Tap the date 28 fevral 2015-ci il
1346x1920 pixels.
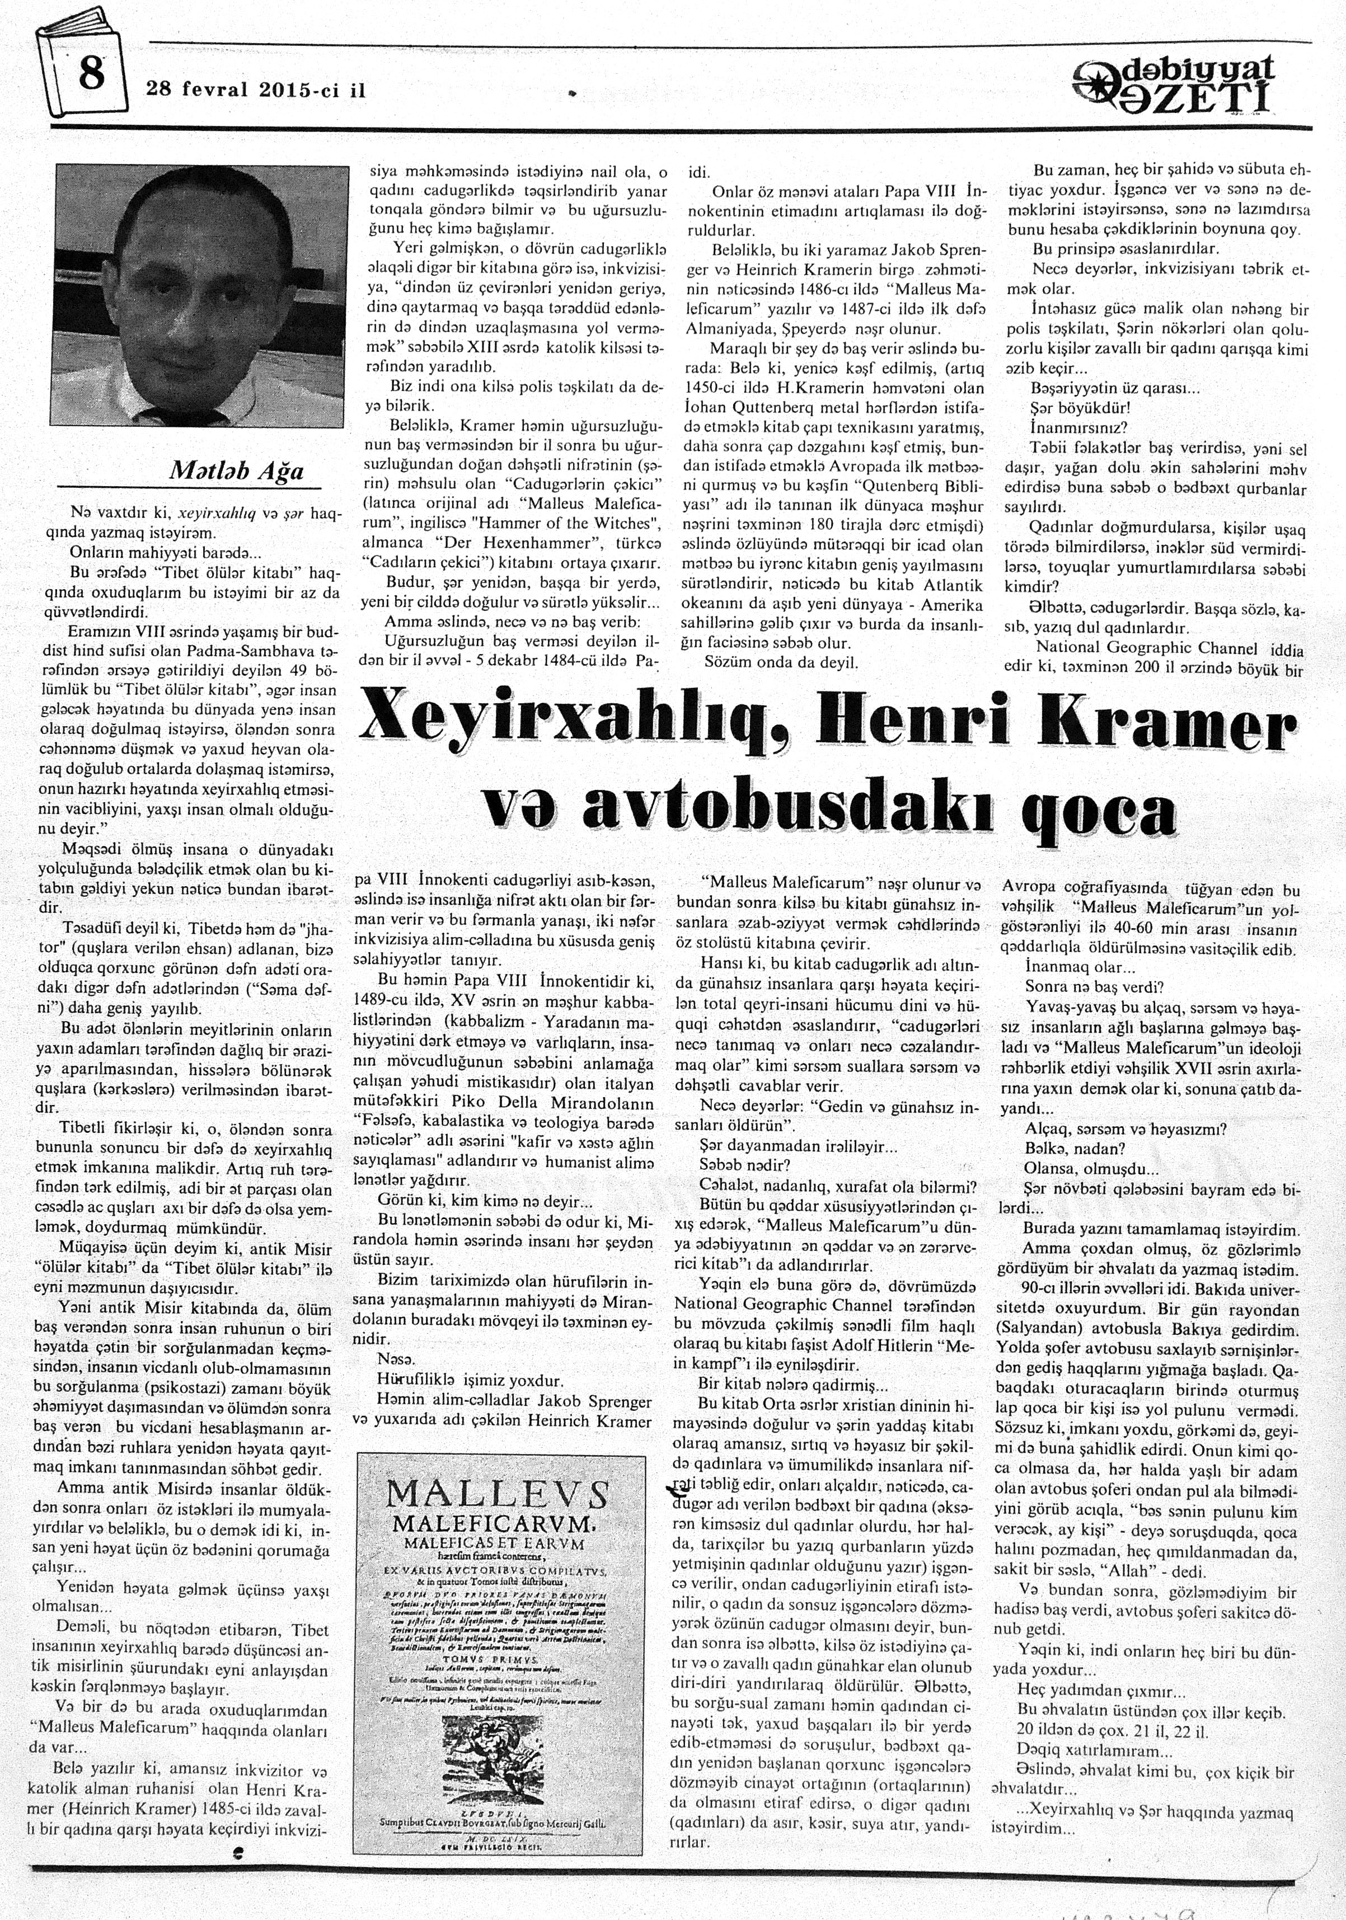256,90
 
